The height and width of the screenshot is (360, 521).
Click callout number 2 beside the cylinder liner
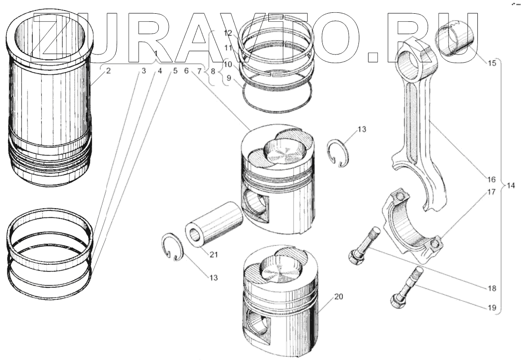point(108,71)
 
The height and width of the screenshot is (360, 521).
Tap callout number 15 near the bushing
point(492,62)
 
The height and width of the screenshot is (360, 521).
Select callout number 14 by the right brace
point(509,185)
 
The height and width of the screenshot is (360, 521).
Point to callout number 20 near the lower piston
point(338,297)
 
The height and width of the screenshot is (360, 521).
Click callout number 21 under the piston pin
point(214,255)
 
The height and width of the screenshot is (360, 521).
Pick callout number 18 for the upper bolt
point(492,288)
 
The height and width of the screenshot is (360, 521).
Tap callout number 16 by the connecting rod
point(491,179)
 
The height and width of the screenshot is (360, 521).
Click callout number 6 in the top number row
point(186,71)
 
